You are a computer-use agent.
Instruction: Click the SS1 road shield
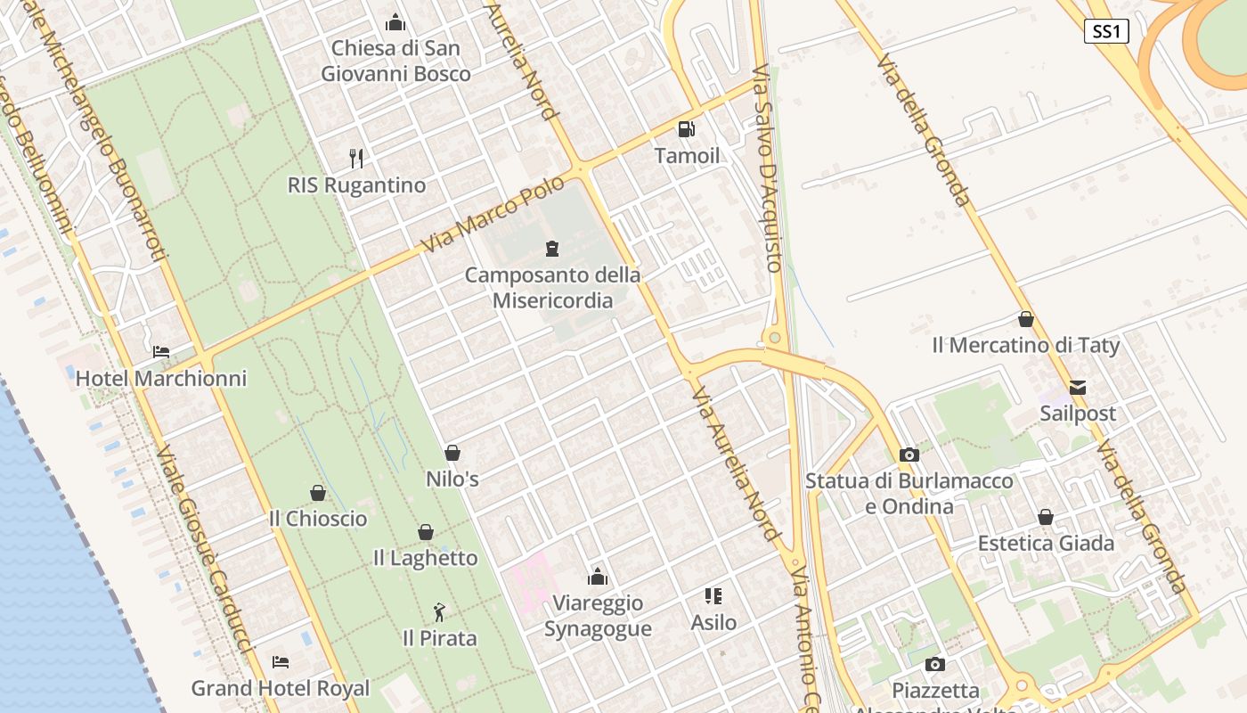[1106, 32]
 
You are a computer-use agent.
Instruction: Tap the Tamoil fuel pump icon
[686, 129]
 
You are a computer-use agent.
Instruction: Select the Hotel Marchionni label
[161, 379]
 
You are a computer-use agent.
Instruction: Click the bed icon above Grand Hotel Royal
[281, 662]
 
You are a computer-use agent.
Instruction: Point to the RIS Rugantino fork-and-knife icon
[356, 159]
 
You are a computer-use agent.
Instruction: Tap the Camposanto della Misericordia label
[552, 288]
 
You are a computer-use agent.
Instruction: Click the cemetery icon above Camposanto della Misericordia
[552, 248]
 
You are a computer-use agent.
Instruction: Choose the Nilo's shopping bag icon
[452, 453]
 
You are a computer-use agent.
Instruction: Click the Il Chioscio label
[318, 519]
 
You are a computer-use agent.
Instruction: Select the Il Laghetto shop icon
[426, 532]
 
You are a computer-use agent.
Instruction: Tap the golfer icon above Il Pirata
[438, 612]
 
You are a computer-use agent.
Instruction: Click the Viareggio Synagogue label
[598, 616]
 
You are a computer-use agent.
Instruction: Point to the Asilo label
[713, 623]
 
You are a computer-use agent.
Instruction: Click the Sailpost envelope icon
[1078, 388]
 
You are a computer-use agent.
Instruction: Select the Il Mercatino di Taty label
[1026, 346]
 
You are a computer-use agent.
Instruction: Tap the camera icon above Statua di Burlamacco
[909, 455]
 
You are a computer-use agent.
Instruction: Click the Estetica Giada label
[1046, 544]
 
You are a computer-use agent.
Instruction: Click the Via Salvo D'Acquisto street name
[767, 168]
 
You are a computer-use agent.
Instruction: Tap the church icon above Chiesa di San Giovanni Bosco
[395, 22]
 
